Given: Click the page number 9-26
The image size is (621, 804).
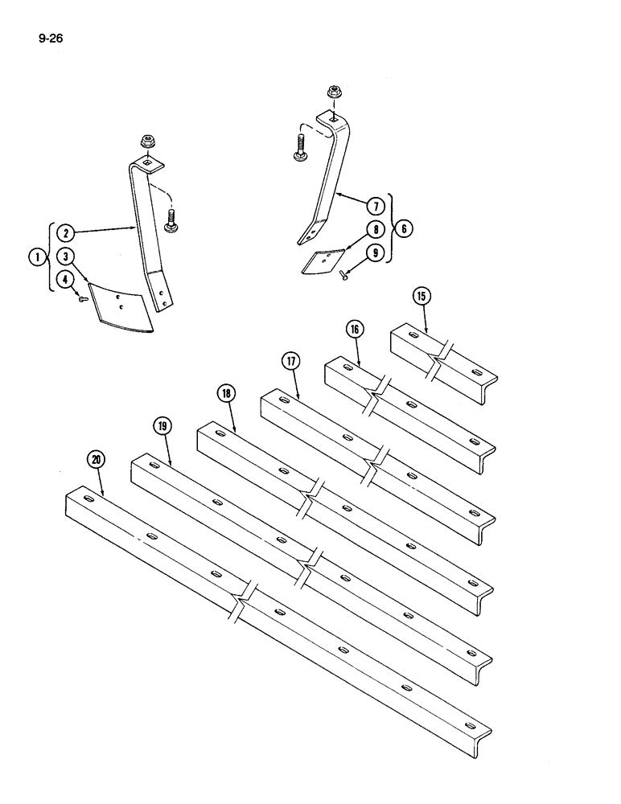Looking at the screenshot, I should coord(50,35).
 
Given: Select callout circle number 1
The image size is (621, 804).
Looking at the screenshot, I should coord(36,257).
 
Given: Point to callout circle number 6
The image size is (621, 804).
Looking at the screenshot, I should coord(405,228).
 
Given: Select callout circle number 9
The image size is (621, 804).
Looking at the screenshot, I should coord(375,252).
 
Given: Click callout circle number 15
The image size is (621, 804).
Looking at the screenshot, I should coord(422,296).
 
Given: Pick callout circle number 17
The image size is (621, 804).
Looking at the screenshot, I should coord(290,361).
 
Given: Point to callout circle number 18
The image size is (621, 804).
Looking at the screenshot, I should coord(226,393).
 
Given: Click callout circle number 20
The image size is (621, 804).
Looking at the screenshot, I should coord(97,459).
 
